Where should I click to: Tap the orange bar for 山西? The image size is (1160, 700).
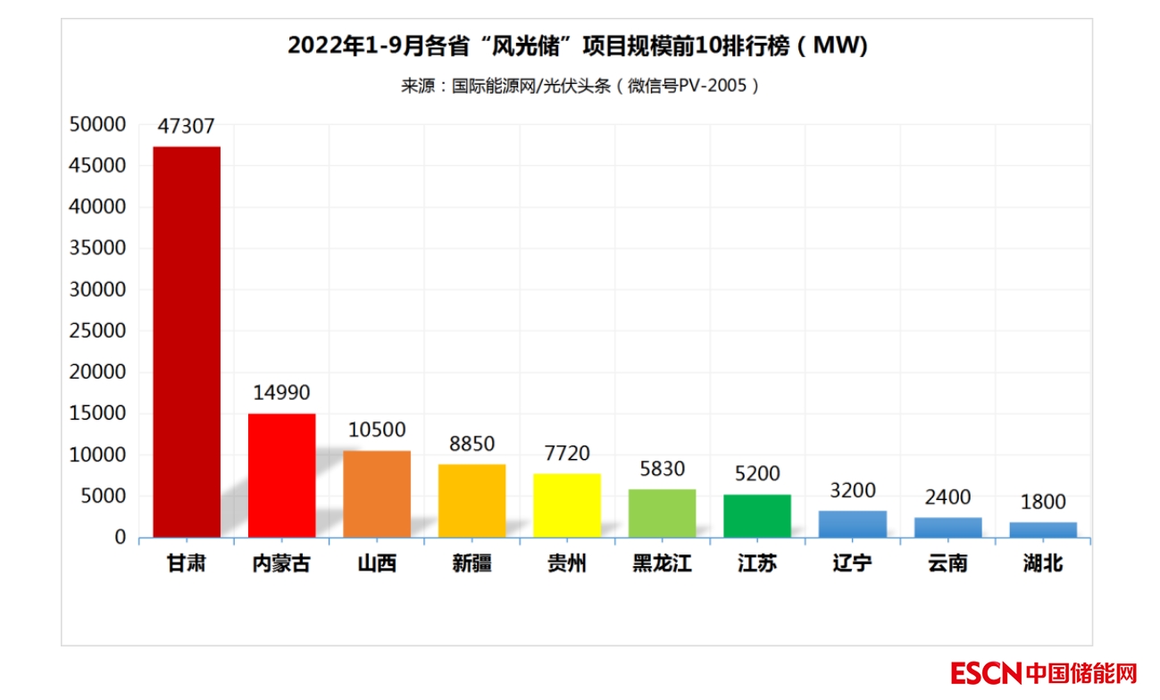coord(377,494)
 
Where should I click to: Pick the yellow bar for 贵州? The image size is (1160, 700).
coord(567,505)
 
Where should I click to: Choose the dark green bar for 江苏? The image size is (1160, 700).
coord(757,515)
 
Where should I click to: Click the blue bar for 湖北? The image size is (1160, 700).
coord(1043,529)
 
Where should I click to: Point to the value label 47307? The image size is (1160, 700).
coord(187,127)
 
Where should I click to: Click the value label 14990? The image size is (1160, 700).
coord(281,393)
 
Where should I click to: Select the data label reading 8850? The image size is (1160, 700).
coord(472,444)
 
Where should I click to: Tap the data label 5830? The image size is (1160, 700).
coord(662,469)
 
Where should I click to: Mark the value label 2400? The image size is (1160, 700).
coord(947,497)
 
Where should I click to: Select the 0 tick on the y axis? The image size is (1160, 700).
coord(120,537)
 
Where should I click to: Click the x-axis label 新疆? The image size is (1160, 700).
coord(472,564)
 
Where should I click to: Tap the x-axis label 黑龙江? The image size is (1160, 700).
coord(662,564)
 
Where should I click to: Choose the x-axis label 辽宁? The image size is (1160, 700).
coord(852,564)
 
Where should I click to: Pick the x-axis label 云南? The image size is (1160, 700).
coord(947,564)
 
